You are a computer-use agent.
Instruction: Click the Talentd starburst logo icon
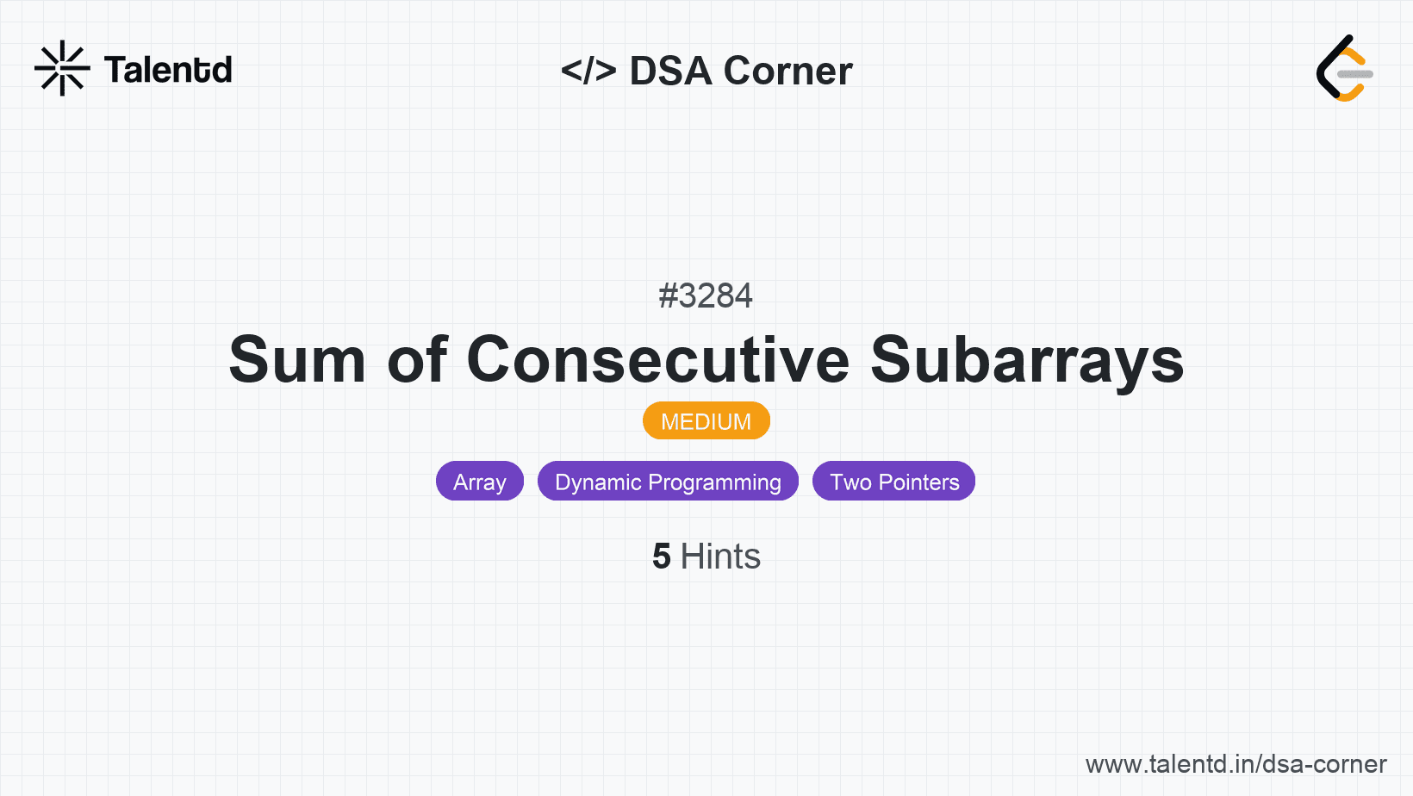(62, 68)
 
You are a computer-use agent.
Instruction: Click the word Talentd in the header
(168, 70)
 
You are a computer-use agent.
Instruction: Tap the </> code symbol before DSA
(588, 70)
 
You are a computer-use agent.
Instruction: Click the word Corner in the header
(787, 71)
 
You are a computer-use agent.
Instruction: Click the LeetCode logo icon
(1344, 68)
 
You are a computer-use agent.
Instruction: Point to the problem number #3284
(706, 295)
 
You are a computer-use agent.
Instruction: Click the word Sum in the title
(297, 359)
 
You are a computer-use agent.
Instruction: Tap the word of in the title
(417, 358)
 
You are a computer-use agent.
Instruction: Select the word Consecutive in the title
(658, 359)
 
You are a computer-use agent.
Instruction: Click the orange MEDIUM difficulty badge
(706, 420)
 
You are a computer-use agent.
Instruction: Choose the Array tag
(480, 482)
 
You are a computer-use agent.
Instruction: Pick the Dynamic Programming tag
(668, 482)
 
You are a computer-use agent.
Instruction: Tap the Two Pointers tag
(893, 482)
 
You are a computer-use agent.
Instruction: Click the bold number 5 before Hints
(662, 557)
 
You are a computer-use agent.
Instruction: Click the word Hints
(720, 557)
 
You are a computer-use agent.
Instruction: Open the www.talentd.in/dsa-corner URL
(1236, 764)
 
